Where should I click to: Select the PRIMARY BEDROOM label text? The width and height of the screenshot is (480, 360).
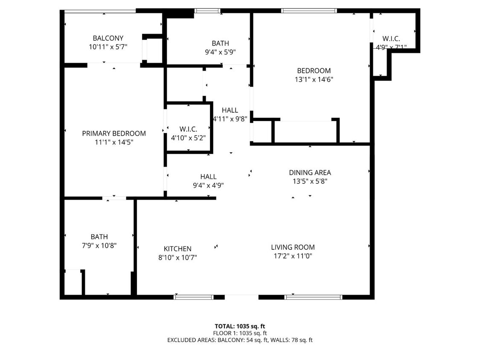pyautogui.click(x=114, y=134)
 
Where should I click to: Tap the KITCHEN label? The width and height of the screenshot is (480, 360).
pyautogui.click(x=177, y=249)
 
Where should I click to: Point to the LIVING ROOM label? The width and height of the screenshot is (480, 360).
pyautogui.click(x=293, y=247)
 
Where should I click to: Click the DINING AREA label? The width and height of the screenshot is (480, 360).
pyautogui.click(x=310, y=172)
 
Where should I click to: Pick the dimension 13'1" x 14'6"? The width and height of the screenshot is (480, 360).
pyautogui.click(x=314, y=79)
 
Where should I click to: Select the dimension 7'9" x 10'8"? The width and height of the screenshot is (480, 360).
pyautogui.click(x=99, y=246)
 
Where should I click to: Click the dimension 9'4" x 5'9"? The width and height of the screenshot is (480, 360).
pyautogui.click(x=220, y=52)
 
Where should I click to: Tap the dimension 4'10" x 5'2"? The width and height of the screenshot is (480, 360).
pyautogui.click(x=188, y=138)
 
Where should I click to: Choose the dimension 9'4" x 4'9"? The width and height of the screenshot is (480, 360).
pyautogui.click(x=208, y=186)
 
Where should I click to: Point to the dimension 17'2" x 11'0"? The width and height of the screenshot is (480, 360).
pyautogui.click(x=293, y=256)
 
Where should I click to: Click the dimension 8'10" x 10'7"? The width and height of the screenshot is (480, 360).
pyautogui.click(x=177, y=258)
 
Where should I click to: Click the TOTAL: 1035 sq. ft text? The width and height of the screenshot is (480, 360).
pyautogui.click(x=240, y=326)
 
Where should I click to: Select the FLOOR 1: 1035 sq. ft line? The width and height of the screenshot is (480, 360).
pyautogui.click(x=240, y=333)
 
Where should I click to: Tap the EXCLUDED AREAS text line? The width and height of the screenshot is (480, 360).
pyautogui.click(x=240, y=340)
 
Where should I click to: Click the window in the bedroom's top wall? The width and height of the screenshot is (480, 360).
pyautogui.click(x=309, y=11)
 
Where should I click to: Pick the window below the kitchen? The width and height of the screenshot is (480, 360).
pyautogui.click(x=193, y=297)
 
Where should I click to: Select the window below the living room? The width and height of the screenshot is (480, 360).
pyautogui.click(x=313, y=297)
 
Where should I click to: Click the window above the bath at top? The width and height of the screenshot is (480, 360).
pyautogui.click(x=207, y=11)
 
